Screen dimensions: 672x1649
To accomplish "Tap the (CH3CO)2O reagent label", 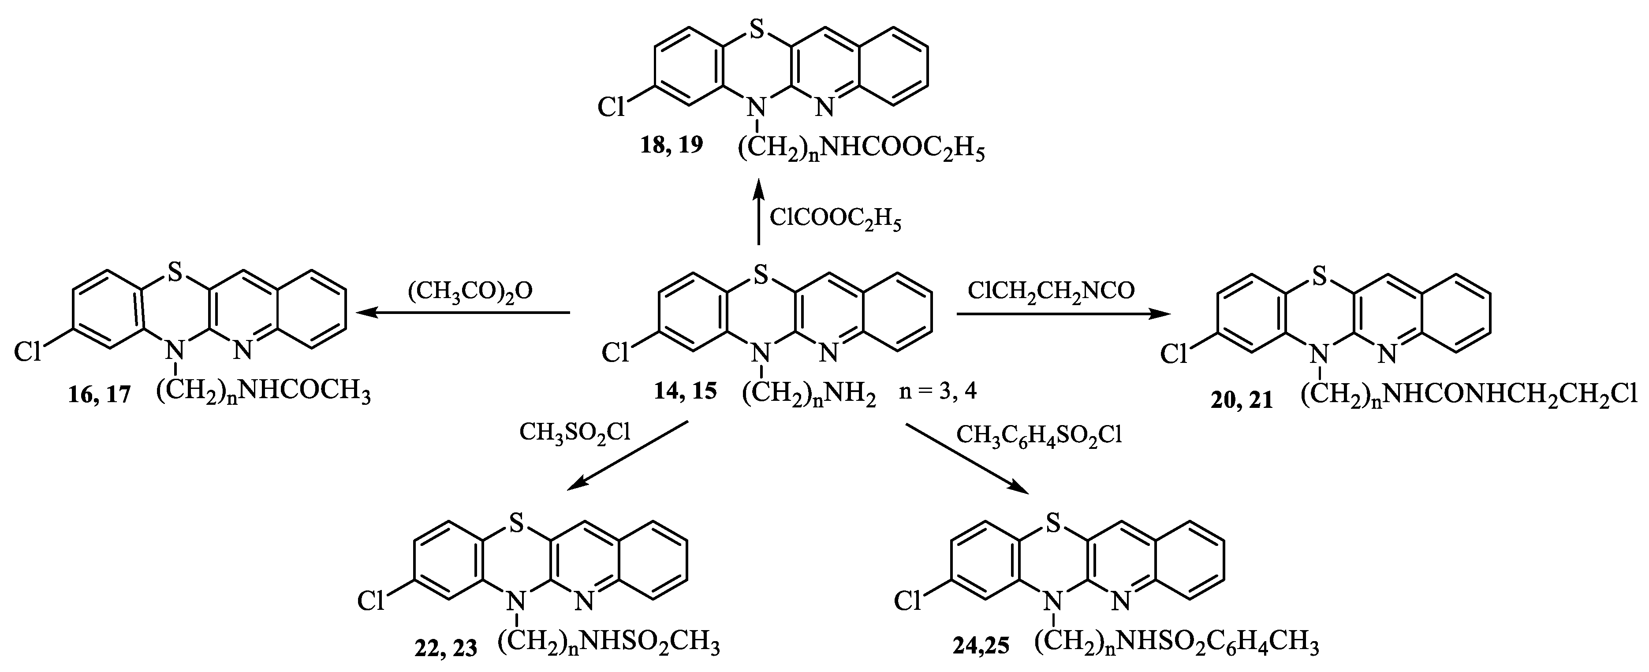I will click(470, 291).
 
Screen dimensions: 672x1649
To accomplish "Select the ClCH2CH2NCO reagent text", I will click(1051, 291).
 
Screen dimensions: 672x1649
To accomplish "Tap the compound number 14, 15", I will click(685, 390).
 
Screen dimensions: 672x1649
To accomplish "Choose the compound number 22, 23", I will click(445, 648).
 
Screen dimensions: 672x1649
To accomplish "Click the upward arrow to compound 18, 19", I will click(758, 211).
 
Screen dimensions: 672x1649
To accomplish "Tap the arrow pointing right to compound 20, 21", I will click(1062, 314).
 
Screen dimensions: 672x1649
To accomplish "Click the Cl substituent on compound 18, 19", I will click(612, 107).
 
